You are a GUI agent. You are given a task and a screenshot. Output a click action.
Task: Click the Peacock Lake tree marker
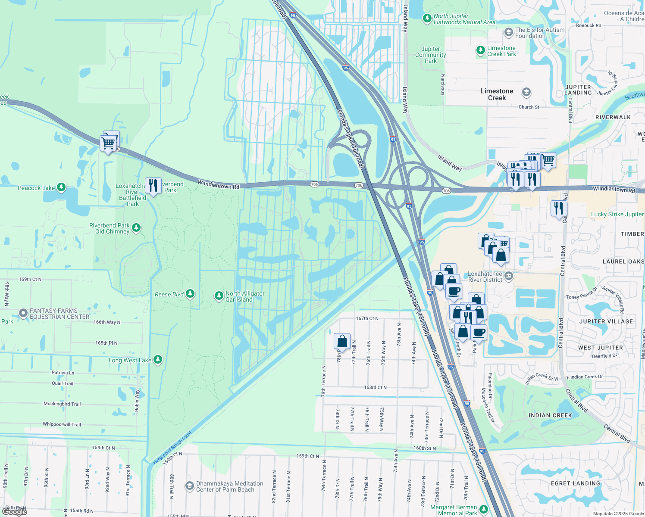pos(61,187)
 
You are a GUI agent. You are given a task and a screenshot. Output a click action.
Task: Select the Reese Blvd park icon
pos(190,294)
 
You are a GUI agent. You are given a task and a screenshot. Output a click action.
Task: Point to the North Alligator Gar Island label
pos(245,296)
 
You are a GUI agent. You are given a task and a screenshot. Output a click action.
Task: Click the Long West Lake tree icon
pos(158,359)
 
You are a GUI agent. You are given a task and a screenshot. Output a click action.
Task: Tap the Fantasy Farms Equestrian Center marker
pos(23,313)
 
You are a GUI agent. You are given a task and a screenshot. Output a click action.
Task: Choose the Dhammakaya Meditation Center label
pos(229,486)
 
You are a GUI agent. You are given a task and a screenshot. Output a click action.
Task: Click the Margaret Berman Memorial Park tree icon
pos(483,510)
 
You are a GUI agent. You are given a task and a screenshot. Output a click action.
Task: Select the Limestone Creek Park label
pos(501,51)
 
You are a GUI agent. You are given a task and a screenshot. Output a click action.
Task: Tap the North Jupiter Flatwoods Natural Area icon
pos(427,19)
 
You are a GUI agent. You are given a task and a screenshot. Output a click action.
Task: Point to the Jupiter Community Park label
pos(430,55)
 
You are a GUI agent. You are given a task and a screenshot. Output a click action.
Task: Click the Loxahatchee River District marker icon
pos(509,276)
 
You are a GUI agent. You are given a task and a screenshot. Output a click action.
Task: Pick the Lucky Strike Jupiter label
pos(617,214)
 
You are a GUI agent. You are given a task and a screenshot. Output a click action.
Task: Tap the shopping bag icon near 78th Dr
pos(342,341)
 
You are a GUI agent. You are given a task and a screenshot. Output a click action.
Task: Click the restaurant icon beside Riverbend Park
pos(153,186)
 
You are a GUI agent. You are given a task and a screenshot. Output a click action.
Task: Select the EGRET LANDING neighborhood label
pos(575,483)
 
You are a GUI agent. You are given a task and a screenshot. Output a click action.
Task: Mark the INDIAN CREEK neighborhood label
pos(550,415)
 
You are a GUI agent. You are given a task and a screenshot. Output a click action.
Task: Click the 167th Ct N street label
pos(367,318)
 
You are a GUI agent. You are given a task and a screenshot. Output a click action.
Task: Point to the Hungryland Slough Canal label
pos(172,448)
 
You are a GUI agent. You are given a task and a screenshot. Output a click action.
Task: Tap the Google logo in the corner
pos(14,511)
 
